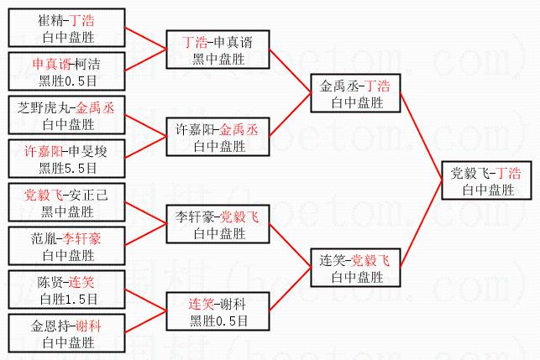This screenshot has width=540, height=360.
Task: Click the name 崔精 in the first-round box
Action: (51, 18)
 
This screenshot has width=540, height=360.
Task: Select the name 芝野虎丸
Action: (45, 107)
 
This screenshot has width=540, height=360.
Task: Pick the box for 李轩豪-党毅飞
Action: (218, 224)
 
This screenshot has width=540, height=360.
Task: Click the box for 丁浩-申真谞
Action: (218, 50)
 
